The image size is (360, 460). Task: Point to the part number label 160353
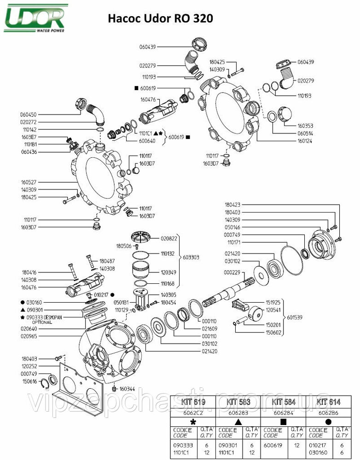click(305, 125)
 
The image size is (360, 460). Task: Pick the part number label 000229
click(232, 272)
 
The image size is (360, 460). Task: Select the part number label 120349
click(169, 272)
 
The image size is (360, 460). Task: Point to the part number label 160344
click(128, 388)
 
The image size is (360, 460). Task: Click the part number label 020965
click(29, 337)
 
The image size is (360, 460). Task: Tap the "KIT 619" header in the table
click(193, 402)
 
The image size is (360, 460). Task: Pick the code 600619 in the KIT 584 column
click(273, 445)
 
